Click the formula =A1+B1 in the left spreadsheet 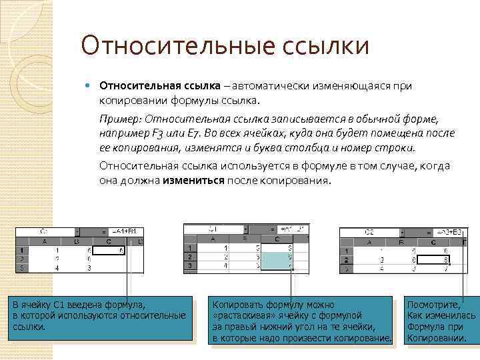point(124,231)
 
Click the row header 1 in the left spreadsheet point(22,251)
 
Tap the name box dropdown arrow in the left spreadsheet point(77,231)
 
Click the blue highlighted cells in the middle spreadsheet point(277,257)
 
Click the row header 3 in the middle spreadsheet point(189,265)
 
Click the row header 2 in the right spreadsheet point(346,260)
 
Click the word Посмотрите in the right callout point(433,303)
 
